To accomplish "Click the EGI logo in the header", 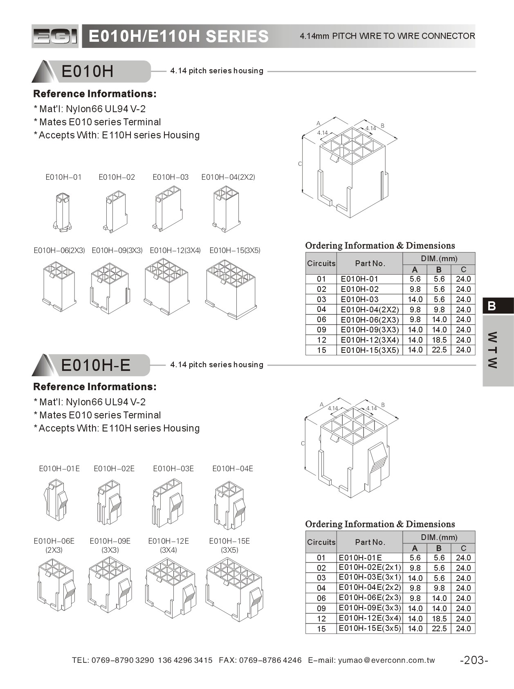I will click(x=55, y=36).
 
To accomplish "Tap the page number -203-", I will click(x=474, y=660).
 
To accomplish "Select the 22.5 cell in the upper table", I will click(x=439, y=350).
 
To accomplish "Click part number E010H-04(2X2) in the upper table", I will click(x=369, y=309).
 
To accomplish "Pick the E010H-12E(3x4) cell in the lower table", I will click(x=370, y=618).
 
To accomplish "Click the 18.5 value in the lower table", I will click(x=439, y=619).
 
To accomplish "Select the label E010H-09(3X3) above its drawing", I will click(x=117, y=251).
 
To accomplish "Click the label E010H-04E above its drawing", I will click(x=232, y=469).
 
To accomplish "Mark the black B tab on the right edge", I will click(x=498, y=306).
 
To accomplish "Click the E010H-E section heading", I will click(x=95, y=365).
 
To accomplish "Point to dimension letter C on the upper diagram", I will click(x=300, y=164).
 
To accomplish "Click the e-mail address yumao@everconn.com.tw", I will click(x=386, y=660).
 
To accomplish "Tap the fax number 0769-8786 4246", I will click(x=270, y=660).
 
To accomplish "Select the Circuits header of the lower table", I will click(x=321, y=542).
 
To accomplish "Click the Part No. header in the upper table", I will click(x=370, y=263).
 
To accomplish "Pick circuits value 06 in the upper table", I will click(x=321, y=320).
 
